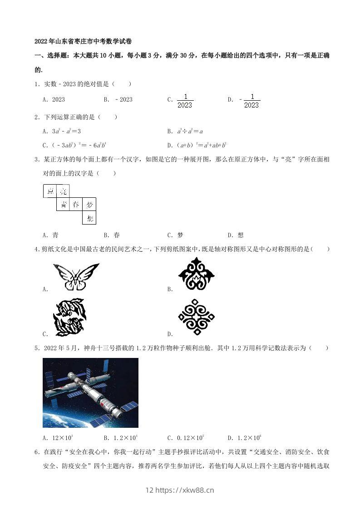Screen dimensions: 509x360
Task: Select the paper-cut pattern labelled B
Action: pyautogui.click(x=196, y=274)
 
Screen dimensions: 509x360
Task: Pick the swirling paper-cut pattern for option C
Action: pyautogui.click(x=69, y=317)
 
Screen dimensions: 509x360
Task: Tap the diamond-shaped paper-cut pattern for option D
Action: pyautogui.click(x=196, y=317)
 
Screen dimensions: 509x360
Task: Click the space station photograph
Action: pyautogui.click(x=90, y=392)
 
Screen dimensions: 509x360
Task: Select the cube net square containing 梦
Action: pyautogui.click(x=89, y=205)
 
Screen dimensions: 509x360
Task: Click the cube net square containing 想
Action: pyautogui.click(x=89, y=218)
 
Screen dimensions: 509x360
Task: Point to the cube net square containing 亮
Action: pyautogui.click(x=63, y=191)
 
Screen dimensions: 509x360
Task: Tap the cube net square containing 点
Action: pyautogui.click(x=50, y=191)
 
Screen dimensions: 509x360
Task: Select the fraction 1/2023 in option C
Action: pyautogui.click(x=185, y=100)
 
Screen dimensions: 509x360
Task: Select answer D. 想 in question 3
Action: pyautogui.click(x=236, y=235)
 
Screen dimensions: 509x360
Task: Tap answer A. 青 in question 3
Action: pyautogui.click(x=50, y=235)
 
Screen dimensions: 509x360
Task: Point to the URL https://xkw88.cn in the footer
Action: pyautogui.click(x=185, y=490)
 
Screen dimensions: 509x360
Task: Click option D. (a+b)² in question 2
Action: pyautogui.click(x=197, y=145)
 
